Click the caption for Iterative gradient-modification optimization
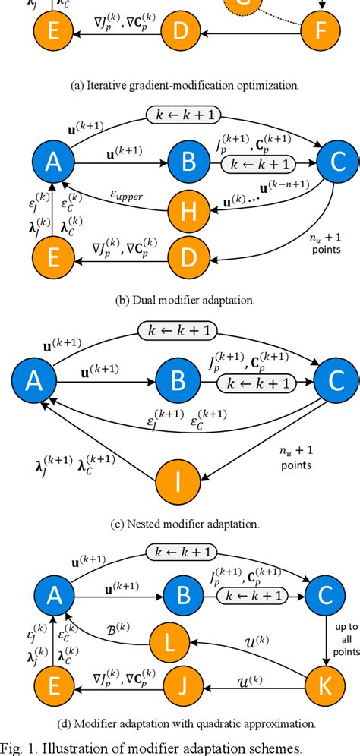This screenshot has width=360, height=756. click(180, 84)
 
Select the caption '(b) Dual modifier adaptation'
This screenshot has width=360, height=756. click(180, 300)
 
